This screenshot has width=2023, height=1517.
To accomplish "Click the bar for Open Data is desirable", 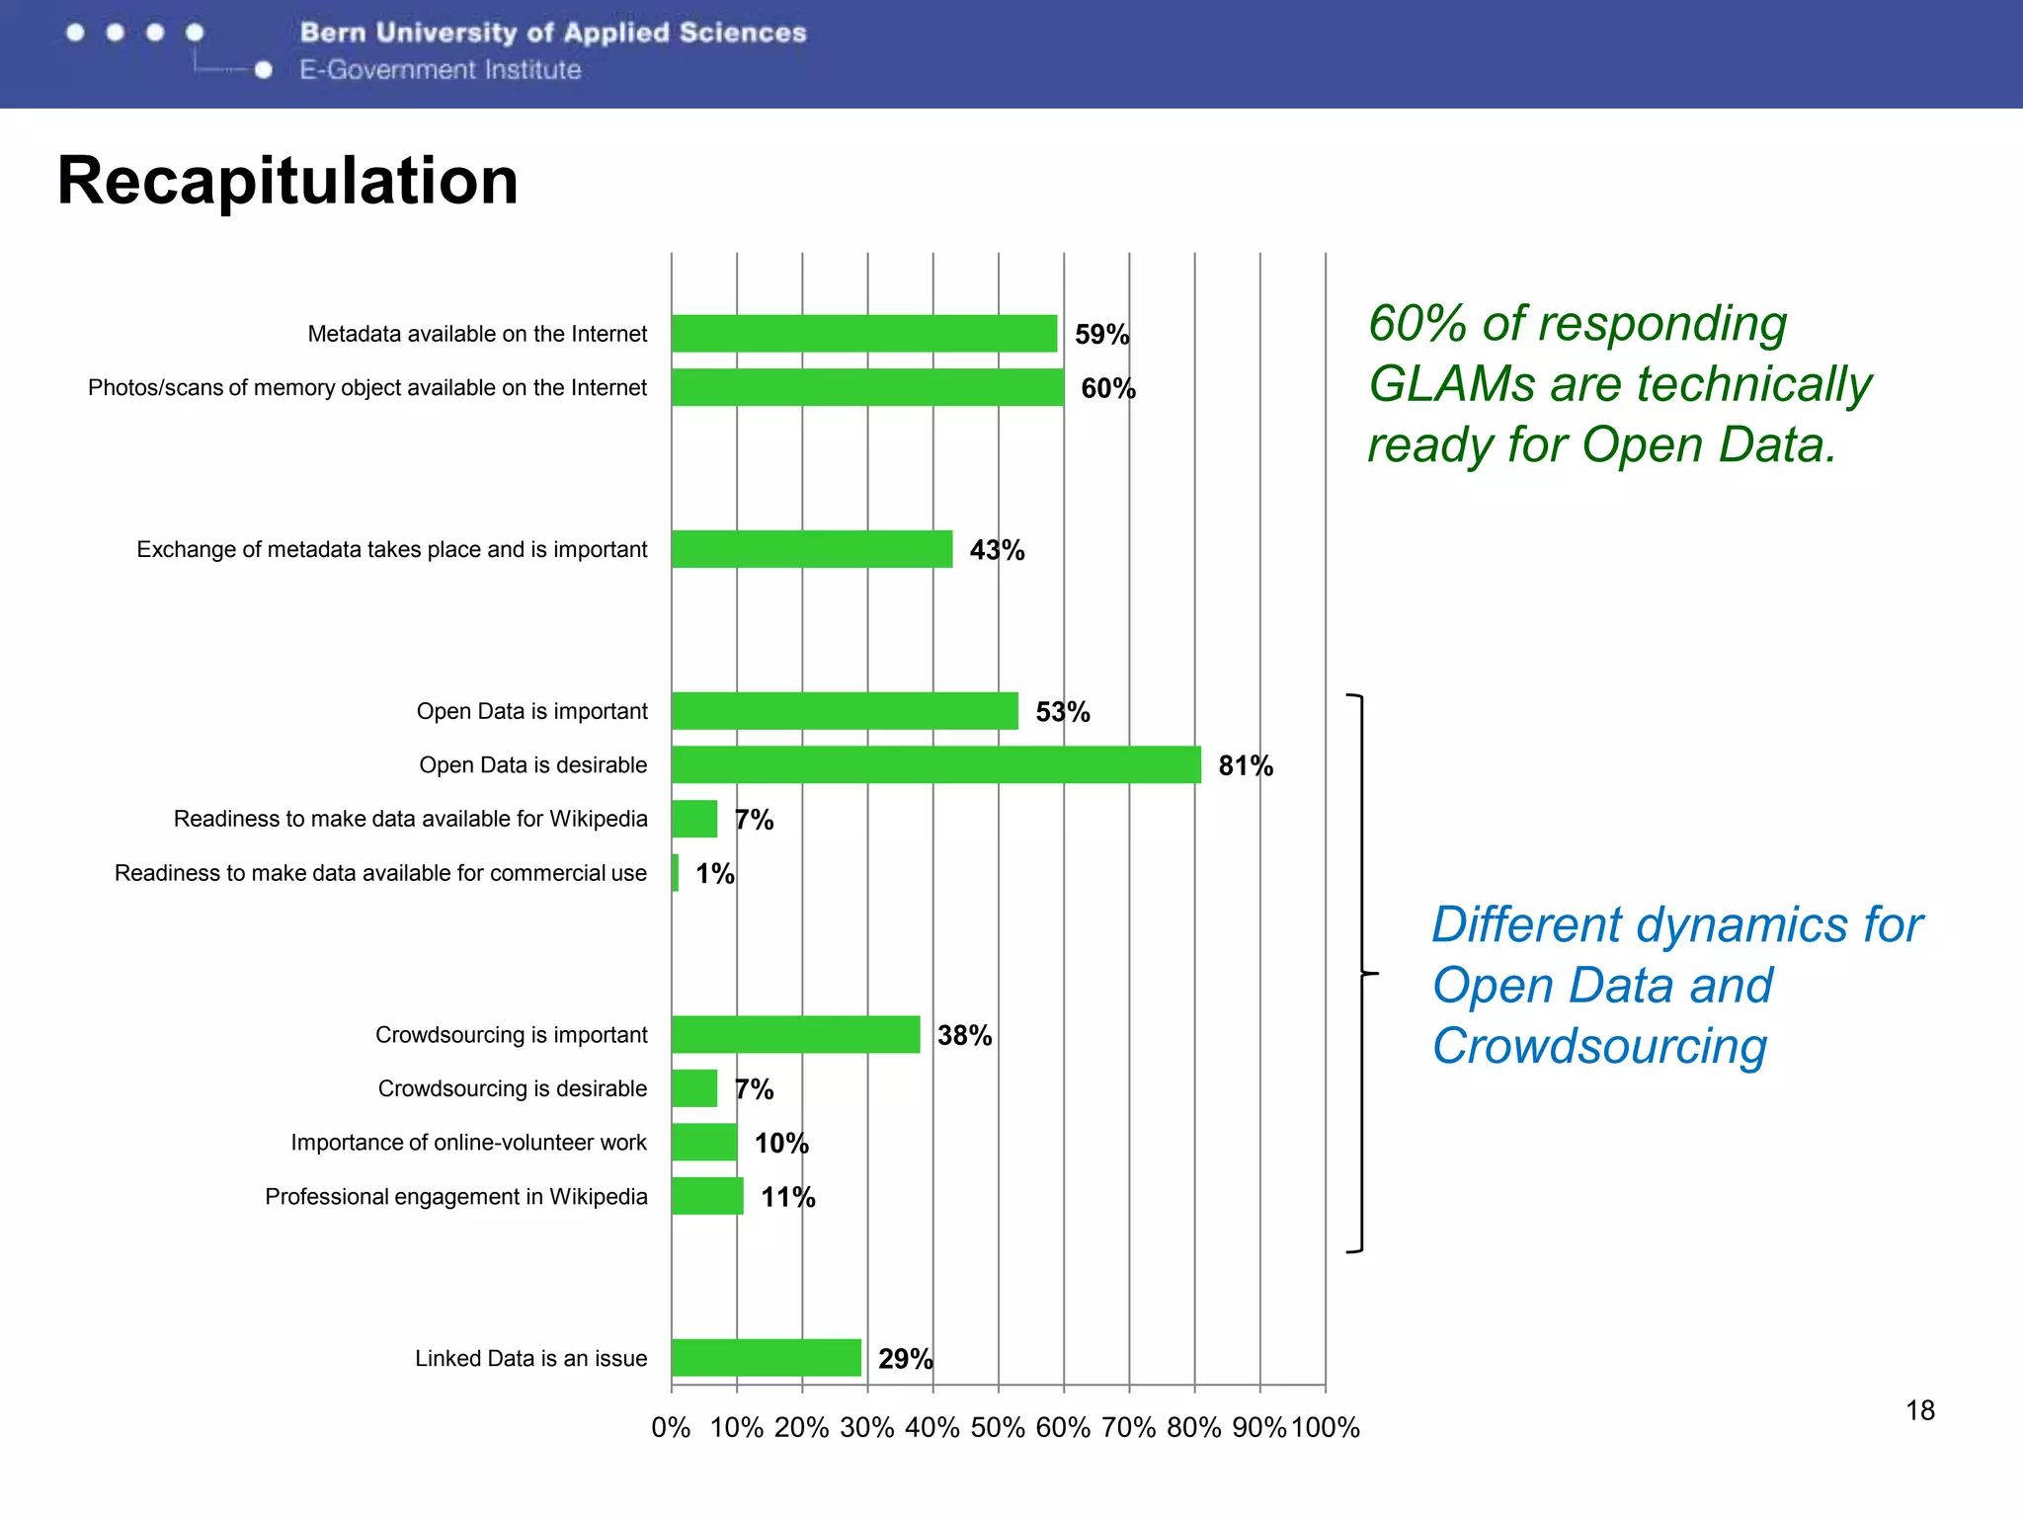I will (935, 764).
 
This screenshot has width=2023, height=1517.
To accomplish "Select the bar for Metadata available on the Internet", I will (864, 334).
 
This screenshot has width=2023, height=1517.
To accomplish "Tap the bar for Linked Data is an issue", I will (766, 1358).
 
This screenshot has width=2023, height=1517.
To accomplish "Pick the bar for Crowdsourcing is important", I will (795, 1034).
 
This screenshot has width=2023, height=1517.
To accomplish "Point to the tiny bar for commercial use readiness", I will (675, 873).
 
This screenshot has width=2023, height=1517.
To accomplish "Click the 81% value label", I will (1246, 765).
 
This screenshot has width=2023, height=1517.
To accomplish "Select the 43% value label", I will (997, 550).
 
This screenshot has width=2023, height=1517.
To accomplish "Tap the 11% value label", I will (787, 1197).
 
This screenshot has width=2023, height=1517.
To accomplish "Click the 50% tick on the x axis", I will (998, 1427).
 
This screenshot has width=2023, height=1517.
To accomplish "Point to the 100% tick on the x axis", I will (1325, 1427).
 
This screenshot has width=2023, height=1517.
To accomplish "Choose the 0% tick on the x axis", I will (671, 1427).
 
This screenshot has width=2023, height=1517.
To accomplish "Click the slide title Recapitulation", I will (287, 181).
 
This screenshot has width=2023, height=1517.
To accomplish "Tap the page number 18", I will (1919, 1410).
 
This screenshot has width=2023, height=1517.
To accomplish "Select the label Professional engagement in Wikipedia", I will (455, 1197).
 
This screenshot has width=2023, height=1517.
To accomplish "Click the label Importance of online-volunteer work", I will (468, 1143).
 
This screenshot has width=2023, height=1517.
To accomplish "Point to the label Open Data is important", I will (531, 711).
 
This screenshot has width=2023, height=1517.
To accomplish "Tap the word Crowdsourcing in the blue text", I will (1599, 1046).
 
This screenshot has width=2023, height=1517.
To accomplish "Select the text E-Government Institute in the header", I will (441, 70).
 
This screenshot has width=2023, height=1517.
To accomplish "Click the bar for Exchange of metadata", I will (812, 549).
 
